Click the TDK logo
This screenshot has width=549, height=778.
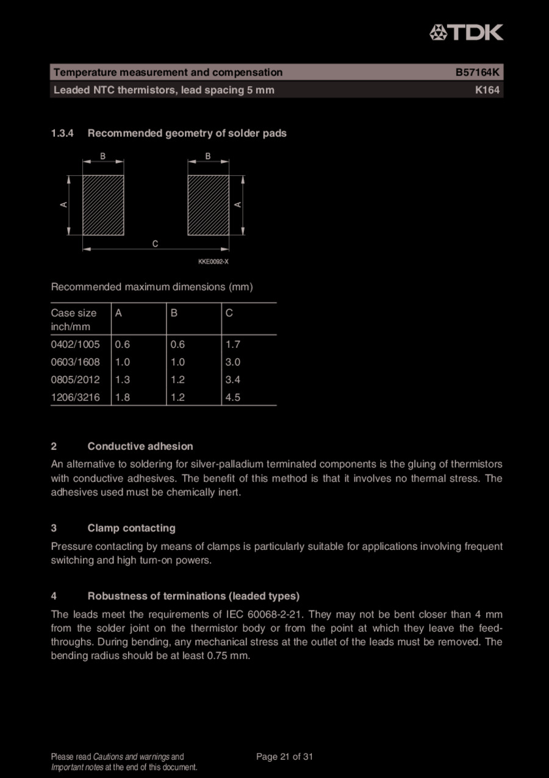click(x=466, y=32)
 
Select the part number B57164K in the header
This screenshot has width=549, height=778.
click(x=477, y=73)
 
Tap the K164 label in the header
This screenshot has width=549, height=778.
click(x=487, y=90)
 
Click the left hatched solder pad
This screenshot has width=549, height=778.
click(x=103, y=205)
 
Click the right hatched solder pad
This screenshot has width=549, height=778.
click(x=208, y=205)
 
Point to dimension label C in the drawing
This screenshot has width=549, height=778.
click(x=156, y=243)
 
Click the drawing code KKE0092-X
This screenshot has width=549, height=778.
click(x=213, y=262)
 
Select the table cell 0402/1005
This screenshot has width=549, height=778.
click(x=75, y=344)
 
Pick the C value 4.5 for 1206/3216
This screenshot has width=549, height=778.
click(x=233, y=397)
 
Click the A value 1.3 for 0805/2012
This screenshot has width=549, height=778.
click(x=122, y=380)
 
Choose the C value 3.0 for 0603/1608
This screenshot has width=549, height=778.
click(x=233, y=362)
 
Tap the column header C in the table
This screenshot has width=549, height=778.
click(x=229, y=313)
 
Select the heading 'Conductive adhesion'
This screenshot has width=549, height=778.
click(x=140, y=446)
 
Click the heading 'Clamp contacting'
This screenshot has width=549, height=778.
click(x=131, y=528)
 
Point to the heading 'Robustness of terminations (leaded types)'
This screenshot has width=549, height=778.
click(x=193, y=596)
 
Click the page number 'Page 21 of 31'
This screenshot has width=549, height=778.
click(x=284, y=757)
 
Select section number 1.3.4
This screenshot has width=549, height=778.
click(x=62, y=133)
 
